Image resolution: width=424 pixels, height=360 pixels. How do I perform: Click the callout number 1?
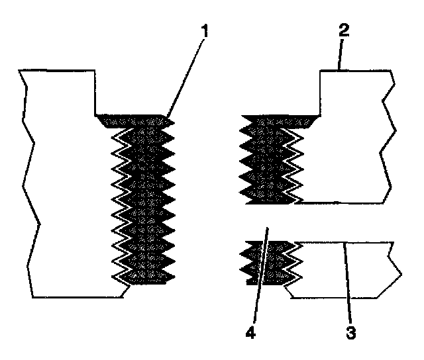(x=205, y=31)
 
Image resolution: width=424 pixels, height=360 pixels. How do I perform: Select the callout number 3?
(x=351, y=332)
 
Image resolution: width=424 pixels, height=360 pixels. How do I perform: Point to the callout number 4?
(x=250, y=332)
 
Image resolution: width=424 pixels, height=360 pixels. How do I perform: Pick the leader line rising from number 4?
(x=260, y=275)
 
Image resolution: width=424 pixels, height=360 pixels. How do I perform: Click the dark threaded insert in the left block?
(x=143, y=200)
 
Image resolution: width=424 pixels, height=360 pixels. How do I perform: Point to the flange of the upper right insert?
(x=281, y=121)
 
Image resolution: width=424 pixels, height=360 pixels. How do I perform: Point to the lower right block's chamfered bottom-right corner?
(x=390, y=287)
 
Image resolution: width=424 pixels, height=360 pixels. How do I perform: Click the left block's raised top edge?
(x=57, y=71)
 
